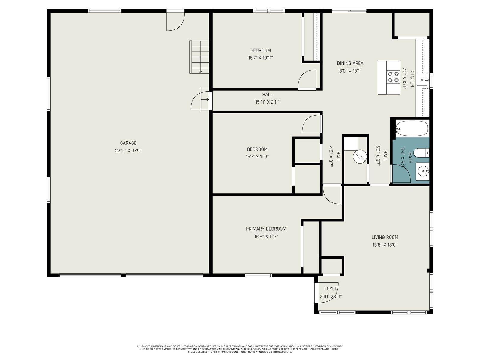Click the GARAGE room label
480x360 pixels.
(x=128, y=143)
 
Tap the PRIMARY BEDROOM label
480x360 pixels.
(x=266, y=229)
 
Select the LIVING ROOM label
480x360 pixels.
(x=385, y=237)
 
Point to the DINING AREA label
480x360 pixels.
(x=350, y=63)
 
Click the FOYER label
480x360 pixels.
(x=331, y=289)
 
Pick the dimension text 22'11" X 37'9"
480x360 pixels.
(x=128, y=151)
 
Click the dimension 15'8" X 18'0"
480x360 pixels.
(x=385, y=245)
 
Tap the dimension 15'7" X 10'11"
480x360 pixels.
(x=260, y=58)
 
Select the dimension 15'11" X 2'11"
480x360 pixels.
(x=267, y=102)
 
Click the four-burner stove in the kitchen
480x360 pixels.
(x=393, y=77)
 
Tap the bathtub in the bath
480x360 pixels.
(x=412, y=128)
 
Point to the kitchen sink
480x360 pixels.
(x=423, y=80)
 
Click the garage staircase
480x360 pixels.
(x=199, y=57)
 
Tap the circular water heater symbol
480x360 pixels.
(x=360, y=157)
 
